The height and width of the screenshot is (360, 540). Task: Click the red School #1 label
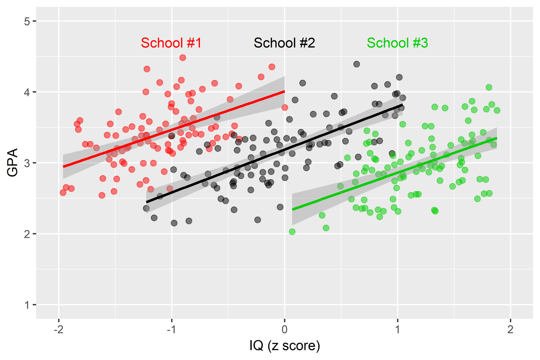tap(171, 43)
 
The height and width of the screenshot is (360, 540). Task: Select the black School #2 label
tap(284, 43)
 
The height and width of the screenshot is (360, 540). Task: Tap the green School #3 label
tap(397, 43)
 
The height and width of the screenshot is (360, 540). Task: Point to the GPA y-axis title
tap(13, 162)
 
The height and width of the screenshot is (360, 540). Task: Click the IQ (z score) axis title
tap(285, 346)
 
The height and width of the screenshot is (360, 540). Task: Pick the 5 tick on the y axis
tap(27, 21)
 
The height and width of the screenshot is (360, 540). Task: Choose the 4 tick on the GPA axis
tap(27, 92)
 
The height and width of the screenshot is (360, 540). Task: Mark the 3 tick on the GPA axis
tap(27, 163)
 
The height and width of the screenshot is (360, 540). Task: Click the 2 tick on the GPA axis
tap(27, 234)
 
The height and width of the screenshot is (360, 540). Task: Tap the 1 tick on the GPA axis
tap(27, 305)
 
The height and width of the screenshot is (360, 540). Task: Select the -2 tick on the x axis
tap(58, 329)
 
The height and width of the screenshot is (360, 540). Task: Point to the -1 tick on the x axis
tap(171, 329)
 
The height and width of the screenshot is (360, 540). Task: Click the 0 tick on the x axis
tap(285, 329)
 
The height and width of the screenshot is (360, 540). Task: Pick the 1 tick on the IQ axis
tap(397, 329)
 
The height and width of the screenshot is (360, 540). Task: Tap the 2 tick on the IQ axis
tap(510, 329)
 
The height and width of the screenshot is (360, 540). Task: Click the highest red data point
tap(183, 57)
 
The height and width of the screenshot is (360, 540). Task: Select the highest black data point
tap(357, 64)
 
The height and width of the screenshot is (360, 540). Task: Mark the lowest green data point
tap(292, 232)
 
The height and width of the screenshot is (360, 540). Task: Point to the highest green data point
tap(489, 87)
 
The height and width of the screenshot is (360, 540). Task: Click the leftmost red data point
tap(63, 192)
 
